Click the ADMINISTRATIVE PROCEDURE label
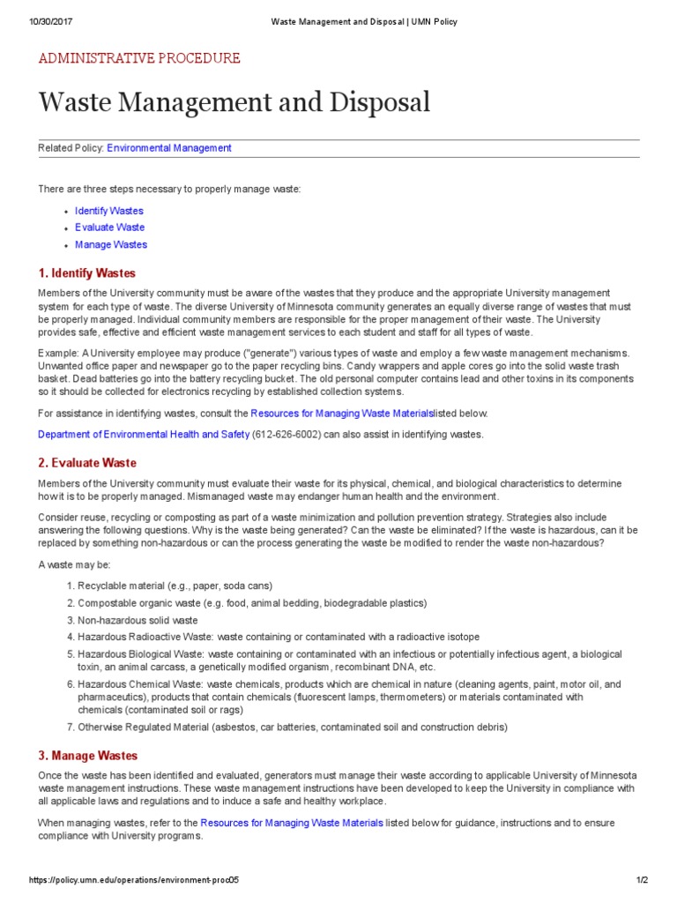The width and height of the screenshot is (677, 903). click(138, 58)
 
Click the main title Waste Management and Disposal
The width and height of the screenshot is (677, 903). click(234, 102)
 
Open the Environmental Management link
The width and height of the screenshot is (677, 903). click(169, 148)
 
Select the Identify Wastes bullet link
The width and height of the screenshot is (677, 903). click(108, 211)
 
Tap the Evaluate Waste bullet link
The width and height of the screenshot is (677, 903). click(109, 228)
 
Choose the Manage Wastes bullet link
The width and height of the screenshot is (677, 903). click(111, 244)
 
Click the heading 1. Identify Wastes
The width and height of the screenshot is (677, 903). click(86, 272)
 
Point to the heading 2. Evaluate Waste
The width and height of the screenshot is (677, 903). click(87, 462)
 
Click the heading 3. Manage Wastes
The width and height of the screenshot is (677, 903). click(87, 756)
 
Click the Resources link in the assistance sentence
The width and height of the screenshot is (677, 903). click(341, 413)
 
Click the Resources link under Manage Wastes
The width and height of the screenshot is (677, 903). click(291, 823)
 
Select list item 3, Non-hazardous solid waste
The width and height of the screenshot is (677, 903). click(138, 620)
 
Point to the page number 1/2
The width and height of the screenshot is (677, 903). click(642, 880)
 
